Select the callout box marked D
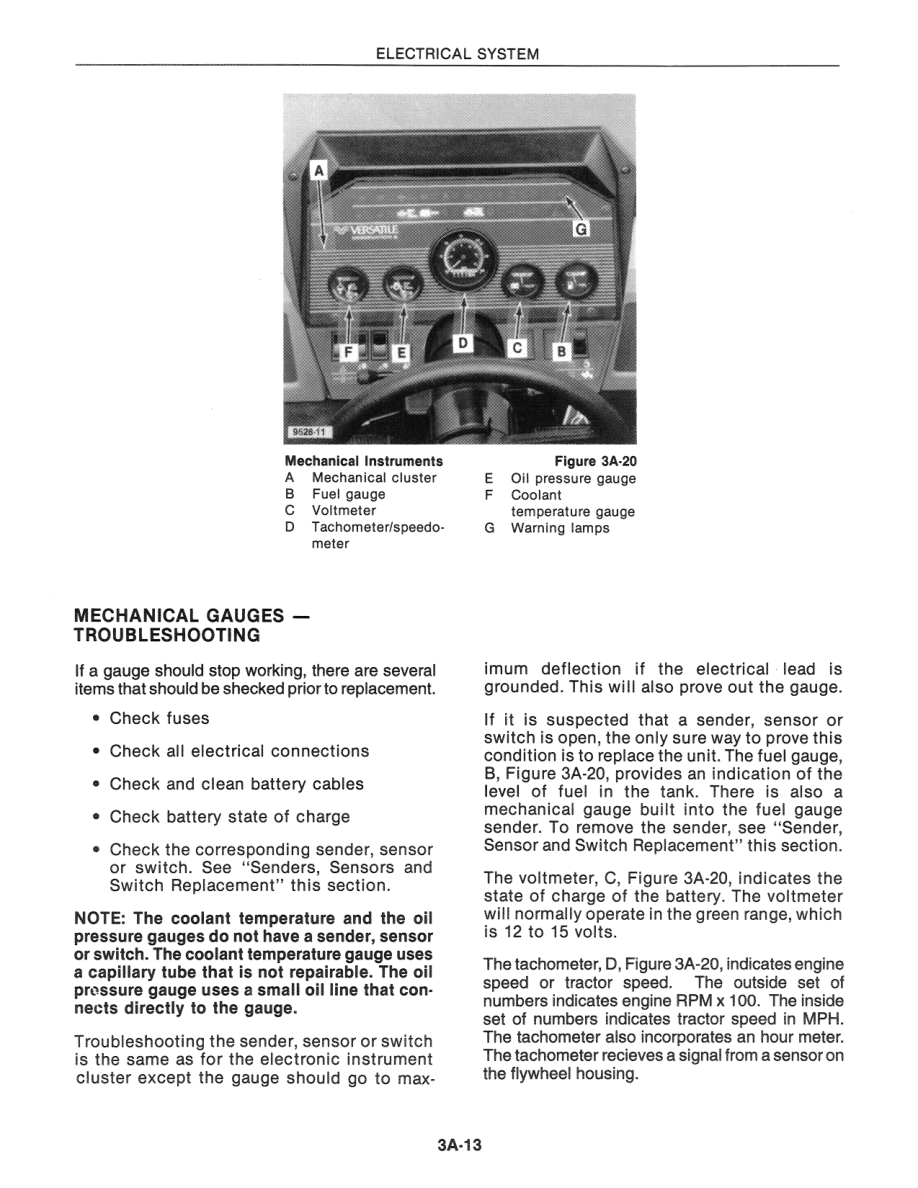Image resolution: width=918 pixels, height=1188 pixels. click(x=463, y=343)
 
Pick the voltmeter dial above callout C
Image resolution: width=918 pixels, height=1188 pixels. click(x=524, y=289)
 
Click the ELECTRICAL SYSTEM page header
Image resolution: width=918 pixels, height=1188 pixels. click(x=458, y=54)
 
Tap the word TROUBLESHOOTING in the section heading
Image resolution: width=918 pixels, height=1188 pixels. click(x=167, y=635)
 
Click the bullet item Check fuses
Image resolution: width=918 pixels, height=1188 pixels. click(x=159, y=718)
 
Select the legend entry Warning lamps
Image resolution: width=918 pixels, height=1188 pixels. click(x=560, y=528)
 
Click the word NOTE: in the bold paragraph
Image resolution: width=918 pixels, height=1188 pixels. click(x=100, y=918)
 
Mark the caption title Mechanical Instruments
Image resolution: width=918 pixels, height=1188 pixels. click(x=364, y=461)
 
